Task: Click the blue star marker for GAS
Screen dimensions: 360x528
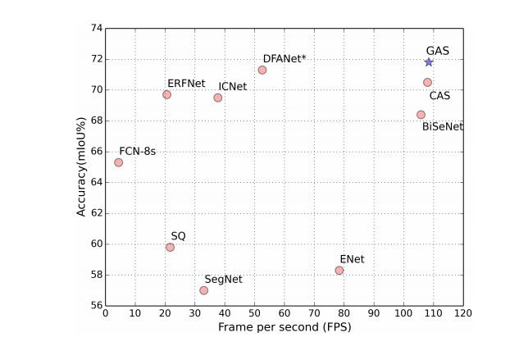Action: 429,62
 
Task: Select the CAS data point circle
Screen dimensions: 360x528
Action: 427,82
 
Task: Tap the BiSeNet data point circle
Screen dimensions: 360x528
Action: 421,115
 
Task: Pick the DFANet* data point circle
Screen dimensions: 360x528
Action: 262,70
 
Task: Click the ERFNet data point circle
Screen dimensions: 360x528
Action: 167,94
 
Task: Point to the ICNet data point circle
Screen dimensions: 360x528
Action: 217,98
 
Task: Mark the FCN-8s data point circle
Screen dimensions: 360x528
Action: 119,162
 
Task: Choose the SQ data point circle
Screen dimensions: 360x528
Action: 170,247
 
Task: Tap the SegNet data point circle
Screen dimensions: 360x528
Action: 203,290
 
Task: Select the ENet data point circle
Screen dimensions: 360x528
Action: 339,270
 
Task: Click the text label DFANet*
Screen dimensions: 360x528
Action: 284,59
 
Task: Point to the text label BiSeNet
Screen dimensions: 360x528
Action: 443,127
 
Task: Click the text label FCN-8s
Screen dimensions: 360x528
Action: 138,151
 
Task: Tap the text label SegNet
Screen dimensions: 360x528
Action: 224,279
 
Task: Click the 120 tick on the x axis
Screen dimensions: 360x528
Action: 464,312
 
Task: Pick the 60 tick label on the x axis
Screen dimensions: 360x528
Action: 284,312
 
